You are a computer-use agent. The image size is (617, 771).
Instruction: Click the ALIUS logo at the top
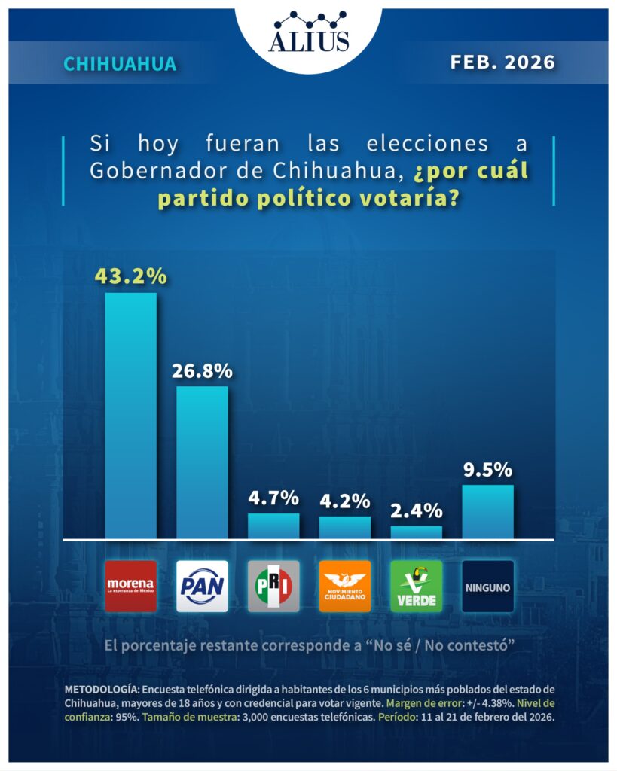pos(308,32)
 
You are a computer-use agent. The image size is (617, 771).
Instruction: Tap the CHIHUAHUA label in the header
pos(121,64)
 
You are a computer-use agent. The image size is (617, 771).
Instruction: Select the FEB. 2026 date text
pos(502,62)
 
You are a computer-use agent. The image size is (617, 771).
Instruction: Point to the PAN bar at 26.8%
pos(202,462)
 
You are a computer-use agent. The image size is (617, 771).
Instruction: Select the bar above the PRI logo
pos(273,526)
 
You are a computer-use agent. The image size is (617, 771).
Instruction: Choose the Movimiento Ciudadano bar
pos(345,528)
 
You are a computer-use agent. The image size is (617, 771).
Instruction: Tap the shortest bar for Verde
pos(417,532)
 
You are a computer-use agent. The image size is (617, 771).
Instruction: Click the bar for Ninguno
pos(487,512)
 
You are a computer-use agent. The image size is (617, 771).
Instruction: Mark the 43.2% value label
pos(130,276)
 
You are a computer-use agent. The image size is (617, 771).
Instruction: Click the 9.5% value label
pos(487,470)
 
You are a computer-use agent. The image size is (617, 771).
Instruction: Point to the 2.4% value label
pos(417,510)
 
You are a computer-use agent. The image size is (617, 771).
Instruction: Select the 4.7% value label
pos(273,498)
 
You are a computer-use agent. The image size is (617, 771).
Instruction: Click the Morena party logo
pos(130,586)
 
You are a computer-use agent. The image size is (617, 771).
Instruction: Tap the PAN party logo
pos(202,586)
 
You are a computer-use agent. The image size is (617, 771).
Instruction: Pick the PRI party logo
pos(273,586)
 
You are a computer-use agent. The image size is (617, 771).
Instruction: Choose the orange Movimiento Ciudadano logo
pos(345,586)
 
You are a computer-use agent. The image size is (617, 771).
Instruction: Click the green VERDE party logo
pos(417,586)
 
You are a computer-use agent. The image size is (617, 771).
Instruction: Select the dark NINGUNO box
pos(487,586)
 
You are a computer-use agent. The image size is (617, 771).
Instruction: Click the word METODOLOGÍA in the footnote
pos(101,690)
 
